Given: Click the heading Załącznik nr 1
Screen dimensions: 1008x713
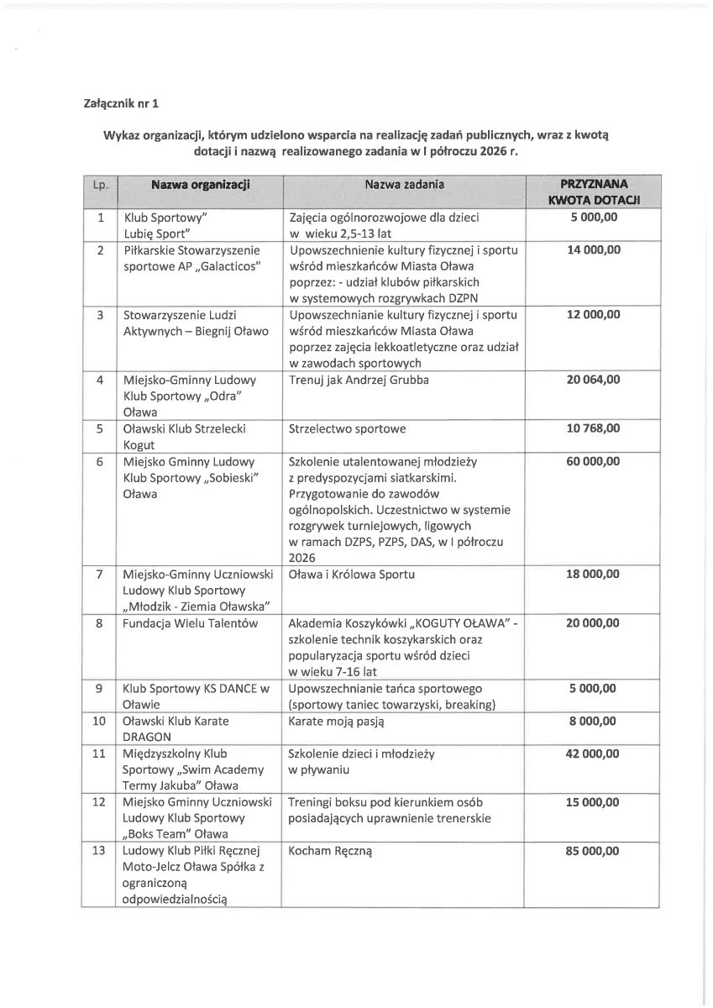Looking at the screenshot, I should [x=121, y=105].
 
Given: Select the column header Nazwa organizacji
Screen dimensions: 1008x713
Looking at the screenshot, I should [x=201, y=183].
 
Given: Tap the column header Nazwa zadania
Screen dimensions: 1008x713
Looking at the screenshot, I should [x=404, y=183].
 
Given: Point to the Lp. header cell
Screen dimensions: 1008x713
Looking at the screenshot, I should [x=100, y=183].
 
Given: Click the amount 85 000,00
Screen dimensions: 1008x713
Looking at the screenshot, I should [x=592, y=851].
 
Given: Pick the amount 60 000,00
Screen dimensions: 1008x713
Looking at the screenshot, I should [x=592, y=461].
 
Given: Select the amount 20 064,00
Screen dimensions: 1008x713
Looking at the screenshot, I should [x=592, y=380].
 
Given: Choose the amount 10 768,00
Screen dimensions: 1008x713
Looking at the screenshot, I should [x=592, y=428].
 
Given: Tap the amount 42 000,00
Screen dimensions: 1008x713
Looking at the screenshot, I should [x=592, y=754].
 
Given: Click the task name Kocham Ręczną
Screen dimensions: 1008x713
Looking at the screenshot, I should [x=329, y=851].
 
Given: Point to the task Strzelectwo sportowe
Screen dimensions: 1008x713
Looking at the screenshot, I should [x=347, y=428].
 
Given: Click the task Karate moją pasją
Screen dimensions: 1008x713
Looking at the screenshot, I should [x=335, y=721].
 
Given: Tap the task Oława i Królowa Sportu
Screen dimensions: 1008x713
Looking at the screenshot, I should [x=351, y=575].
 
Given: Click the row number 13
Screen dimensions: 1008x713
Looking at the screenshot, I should [x=99, y=851].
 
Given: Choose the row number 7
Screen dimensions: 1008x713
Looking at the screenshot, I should [x=99, y=575].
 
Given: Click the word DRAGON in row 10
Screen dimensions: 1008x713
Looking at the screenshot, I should [x=148, y=737].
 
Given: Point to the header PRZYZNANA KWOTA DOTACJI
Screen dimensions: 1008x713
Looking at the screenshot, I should [x=592, y=191].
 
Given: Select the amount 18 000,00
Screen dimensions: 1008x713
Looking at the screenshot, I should [x=592, y=575].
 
